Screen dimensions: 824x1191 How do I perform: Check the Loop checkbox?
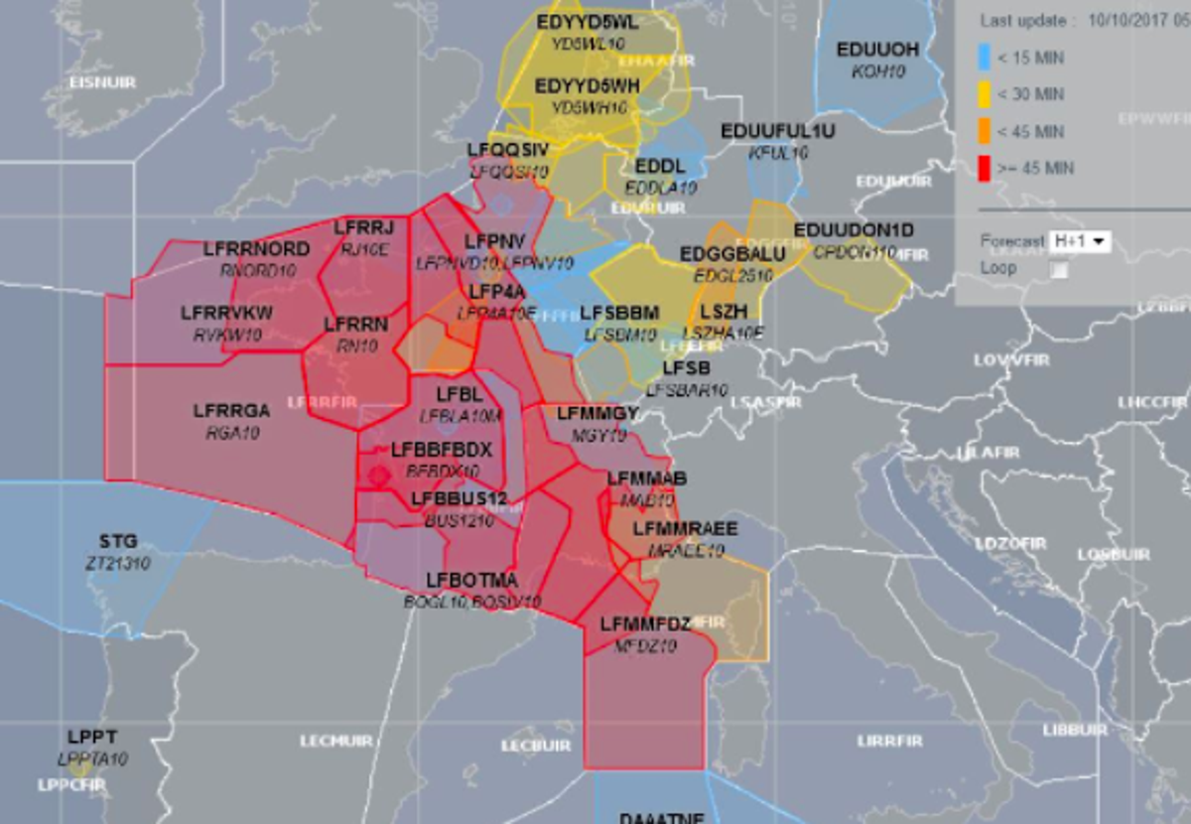click(x=1060, y=269)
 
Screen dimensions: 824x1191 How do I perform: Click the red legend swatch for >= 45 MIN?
click(x=986, y=167)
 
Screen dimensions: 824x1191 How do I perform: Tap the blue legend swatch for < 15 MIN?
click(x=986, y=58)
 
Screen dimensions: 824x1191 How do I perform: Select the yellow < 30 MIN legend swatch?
click(x=986, y=94)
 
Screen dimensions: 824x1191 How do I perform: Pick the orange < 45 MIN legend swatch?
click(x=986, y=131)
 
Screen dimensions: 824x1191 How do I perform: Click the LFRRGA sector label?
click(x=231, y=410)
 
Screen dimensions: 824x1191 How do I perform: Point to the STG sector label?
click(x=118, y=542)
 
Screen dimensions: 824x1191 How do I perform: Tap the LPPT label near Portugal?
click(x=92, y=738)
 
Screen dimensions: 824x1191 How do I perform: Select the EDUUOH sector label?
click(x=877, y=50)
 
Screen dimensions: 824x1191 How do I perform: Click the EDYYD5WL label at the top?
click(x=588, y=22)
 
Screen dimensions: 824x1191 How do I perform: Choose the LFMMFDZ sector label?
click(x=645, y=623)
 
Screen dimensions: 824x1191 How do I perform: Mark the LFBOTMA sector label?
click(x=472, y=580)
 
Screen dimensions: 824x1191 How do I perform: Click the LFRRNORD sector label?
click(x=256, y=248)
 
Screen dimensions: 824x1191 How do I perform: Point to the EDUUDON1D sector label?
click(x=854, y=230)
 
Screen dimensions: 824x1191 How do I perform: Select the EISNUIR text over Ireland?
click(x=102, y=82)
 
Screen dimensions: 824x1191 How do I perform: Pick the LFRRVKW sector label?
click(x=226, y=314)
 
